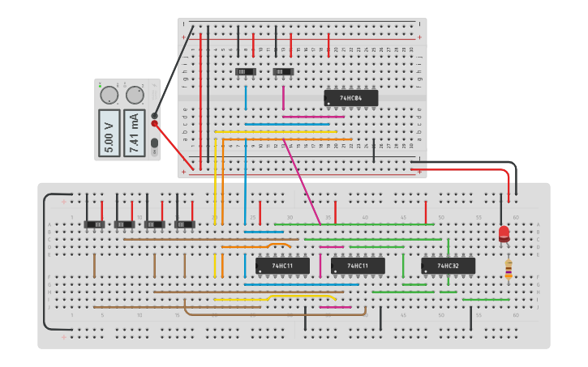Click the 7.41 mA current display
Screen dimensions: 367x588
tap(135, 132)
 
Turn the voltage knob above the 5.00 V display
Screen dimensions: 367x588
tap(109, 96)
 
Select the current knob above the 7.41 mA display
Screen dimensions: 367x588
tap(135, 96)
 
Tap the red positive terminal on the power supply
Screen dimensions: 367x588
tap(154, 124)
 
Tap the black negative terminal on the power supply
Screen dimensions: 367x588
tap(154, 115)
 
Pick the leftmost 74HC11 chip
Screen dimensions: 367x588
tap(281, 265)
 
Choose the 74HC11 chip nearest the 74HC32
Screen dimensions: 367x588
tap(358, 265)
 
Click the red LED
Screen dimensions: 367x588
tap(504, 234)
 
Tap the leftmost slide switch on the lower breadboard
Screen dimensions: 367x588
tap(96, 223)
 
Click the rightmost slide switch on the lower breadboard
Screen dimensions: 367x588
tap(186, 223)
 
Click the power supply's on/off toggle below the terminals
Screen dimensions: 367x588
tap(154, 146)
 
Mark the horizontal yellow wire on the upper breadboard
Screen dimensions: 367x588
tap(276, 131)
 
